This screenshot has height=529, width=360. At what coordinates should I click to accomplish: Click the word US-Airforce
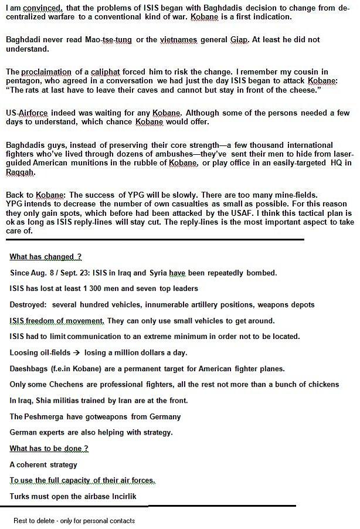tap(26, 113)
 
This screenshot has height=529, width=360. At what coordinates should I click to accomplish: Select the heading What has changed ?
tap(45, 257)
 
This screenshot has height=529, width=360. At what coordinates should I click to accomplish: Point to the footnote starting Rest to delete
tap(74, 520)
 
